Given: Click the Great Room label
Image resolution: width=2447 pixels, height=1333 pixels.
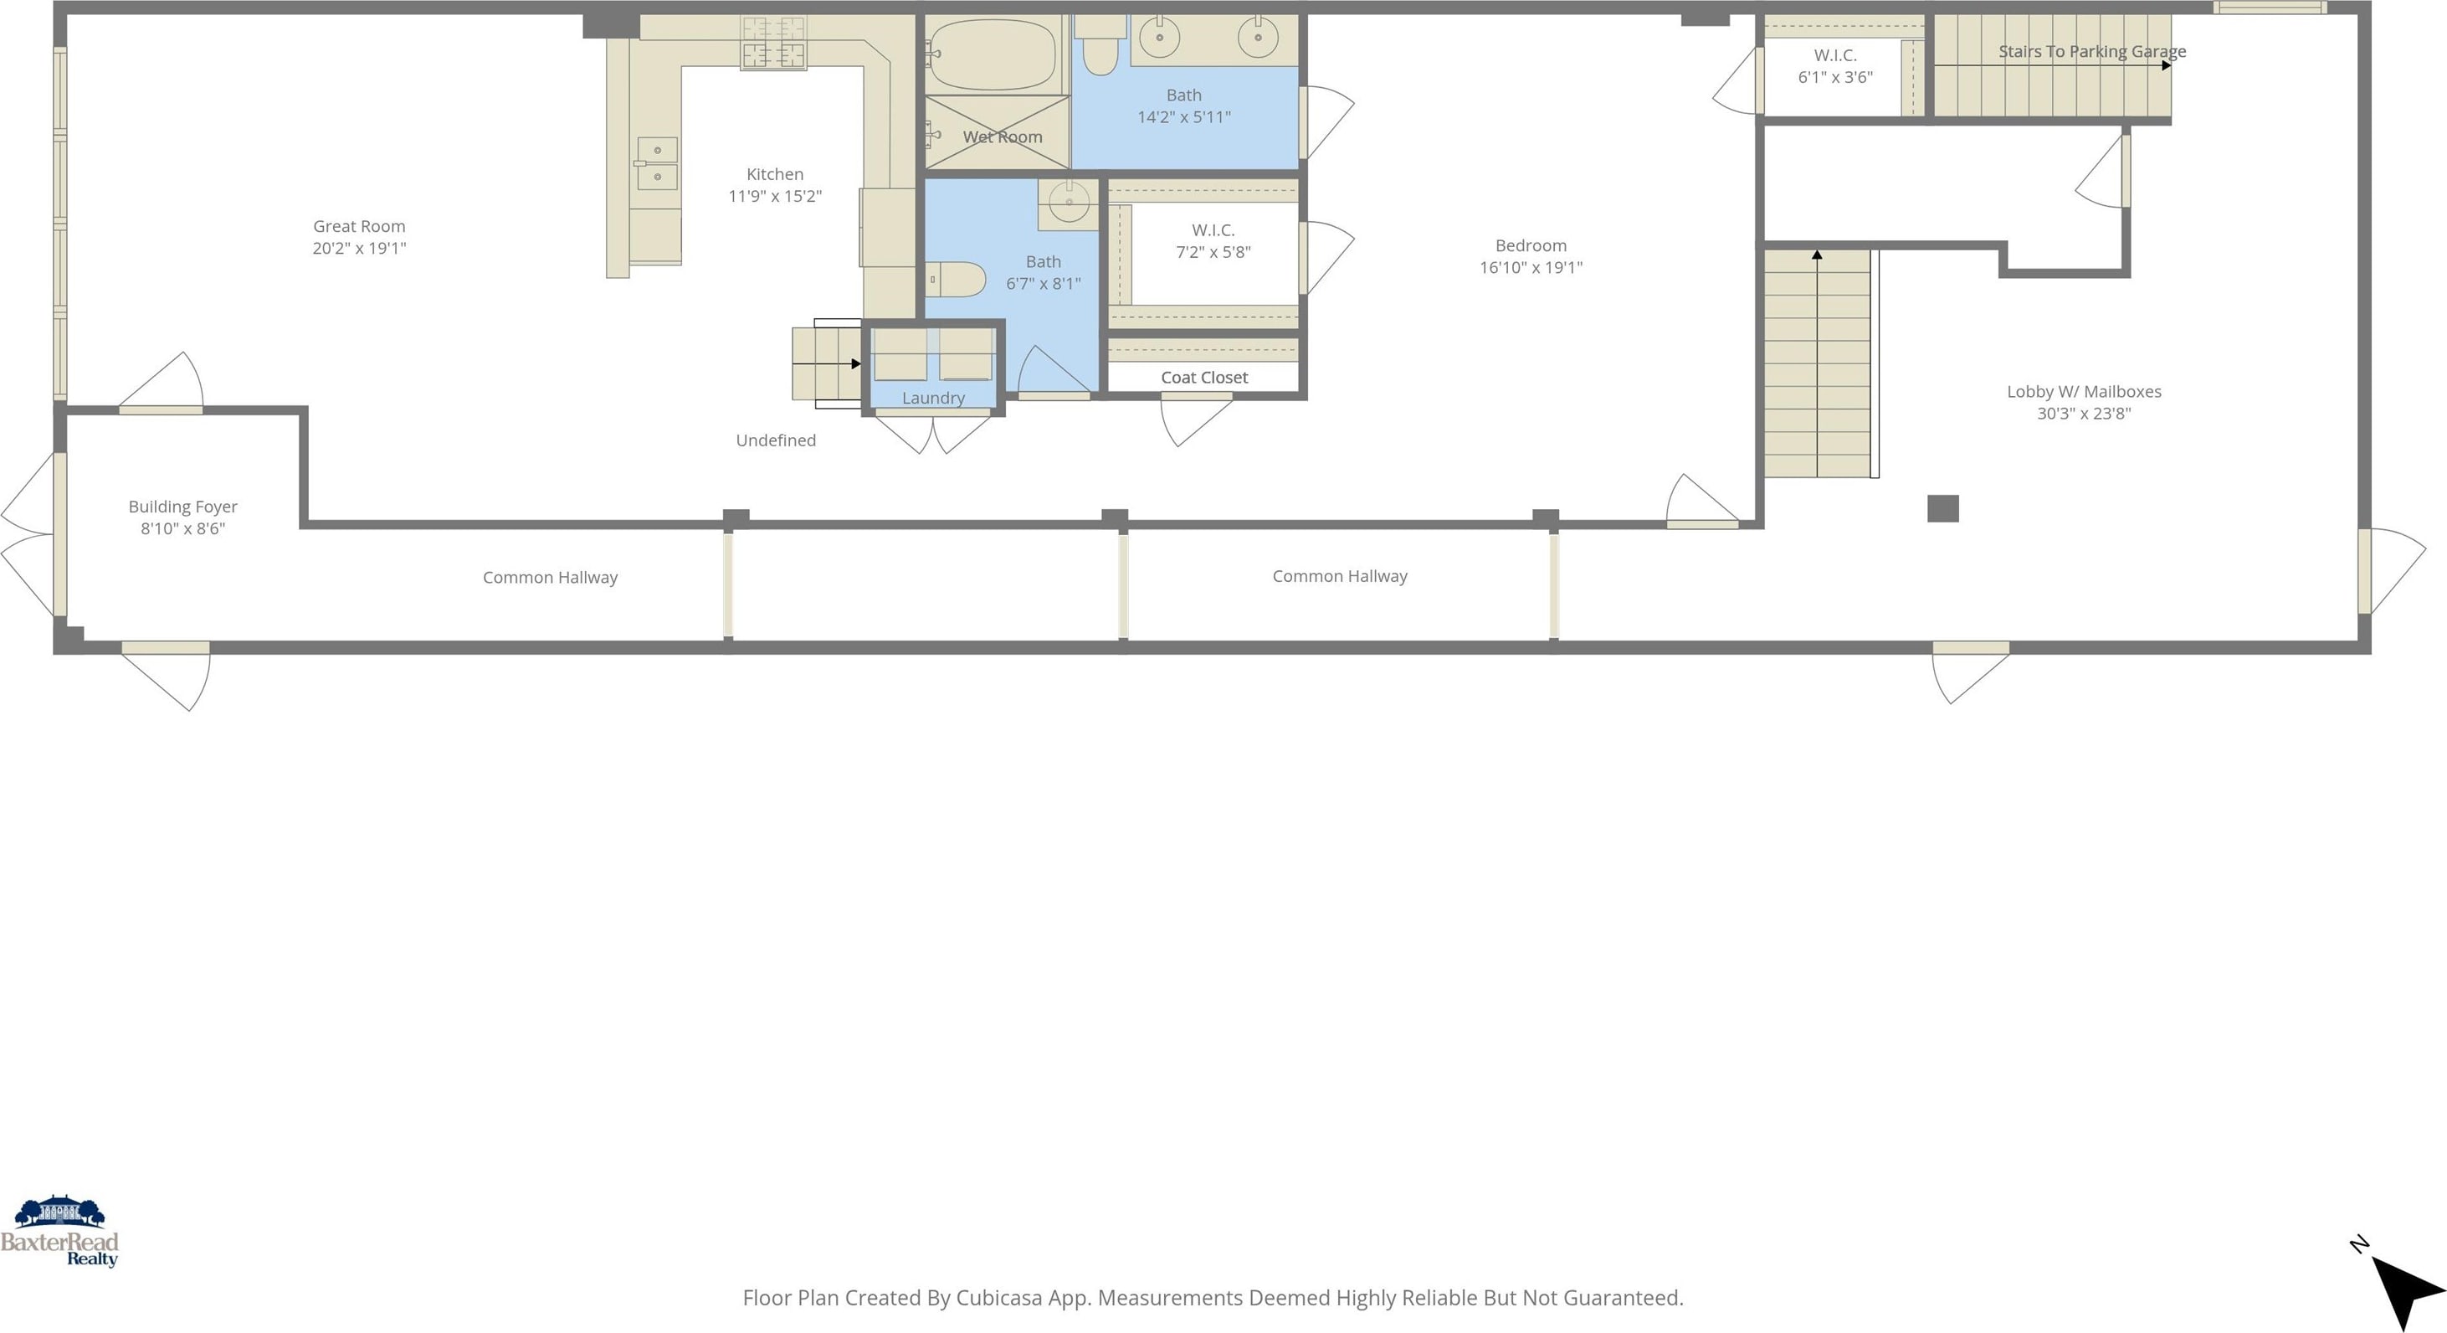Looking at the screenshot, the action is pyautogui.click(x=359, y=226).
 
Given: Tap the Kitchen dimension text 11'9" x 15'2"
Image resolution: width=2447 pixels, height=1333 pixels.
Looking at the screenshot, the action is pyautogui.click(x=775, y=196).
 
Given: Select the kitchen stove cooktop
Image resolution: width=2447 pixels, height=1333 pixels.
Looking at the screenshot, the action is pyautogui.click(x=773, y=44).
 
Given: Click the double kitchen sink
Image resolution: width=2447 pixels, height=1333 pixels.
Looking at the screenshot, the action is pyautogui.click(x=656, y=163).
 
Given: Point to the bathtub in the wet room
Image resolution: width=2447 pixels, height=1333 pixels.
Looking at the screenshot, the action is pyautogui.click(x=993, y=55).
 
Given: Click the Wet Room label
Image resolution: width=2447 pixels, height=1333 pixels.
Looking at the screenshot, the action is pyautogui.click(x=1003, y=136).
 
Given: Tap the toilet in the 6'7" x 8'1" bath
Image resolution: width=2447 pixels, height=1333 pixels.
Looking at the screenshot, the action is pyautogui.click(x=956, y=280).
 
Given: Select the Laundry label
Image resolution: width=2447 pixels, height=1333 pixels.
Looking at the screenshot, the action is pyautogui.click(x=933, y=398).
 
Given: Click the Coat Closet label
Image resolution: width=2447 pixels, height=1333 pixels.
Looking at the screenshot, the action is pyautogui.click(x=1204, y=377).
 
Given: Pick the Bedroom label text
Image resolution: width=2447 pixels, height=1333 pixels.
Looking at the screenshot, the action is pyautogui.click(x=1531, y=245).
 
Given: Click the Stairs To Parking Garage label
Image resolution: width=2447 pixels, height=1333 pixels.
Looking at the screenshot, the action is pyautogui.click(x=2091, y=51).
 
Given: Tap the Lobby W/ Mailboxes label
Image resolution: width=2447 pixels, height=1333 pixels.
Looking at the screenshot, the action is pyautogui.click(x=2084, y=392).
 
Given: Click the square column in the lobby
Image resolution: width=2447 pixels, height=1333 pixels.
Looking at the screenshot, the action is pyautogui.click(x=1942, y=508).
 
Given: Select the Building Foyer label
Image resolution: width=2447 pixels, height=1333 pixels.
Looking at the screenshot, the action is pyautogui.click(x=182, y=507).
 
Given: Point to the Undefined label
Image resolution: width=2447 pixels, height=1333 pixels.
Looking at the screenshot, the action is pyautogui.click(x=776, y=440).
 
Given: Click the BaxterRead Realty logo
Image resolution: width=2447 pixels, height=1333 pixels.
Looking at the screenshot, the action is pyautogui.click(x=60, y=1232).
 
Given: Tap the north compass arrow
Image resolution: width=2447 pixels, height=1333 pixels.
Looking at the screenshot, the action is pyautogui.click(x=2405, y=1292).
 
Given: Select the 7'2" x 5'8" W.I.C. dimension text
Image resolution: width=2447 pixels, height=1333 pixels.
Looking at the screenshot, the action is pyautogui.click(x=1213, y=252).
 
